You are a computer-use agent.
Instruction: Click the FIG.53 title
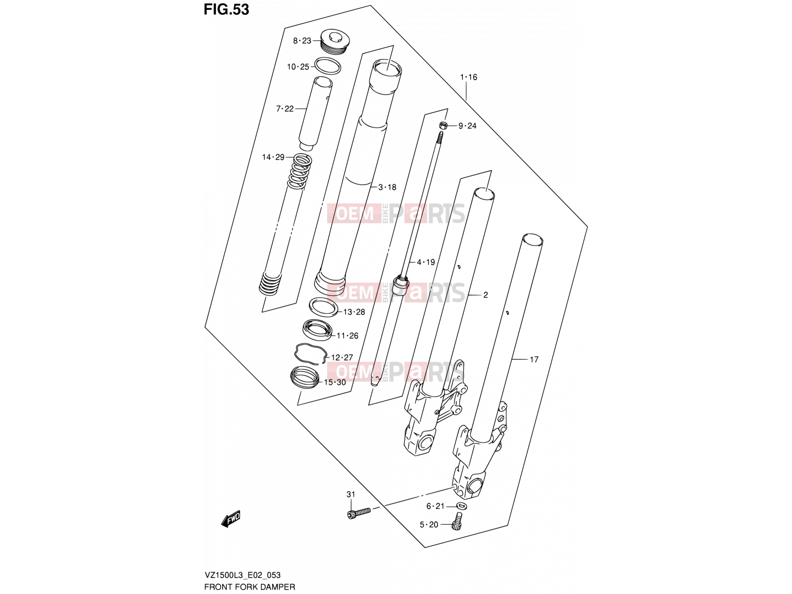point(226,10)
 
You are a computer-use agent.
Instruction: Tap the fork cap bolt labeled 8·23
point(335,42)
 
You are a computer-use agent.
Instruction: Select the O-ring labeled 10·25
point(328,66)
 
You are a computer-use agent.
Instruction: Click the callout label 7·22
point(285,108)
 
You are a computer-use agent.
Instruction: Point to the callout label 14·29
point(273,157)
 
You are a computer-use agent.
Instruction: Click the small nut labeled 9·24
point(444,126)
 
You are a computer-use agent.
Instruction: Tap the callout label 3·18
point(387,187)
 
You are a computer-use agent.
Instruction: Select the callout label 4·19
point(426,262)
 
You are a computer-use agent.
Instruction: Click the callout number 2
point(485,295)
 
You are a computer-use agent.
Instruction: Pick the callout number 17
point(534,359)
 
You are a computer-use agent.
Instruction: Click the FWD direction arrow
point(231,519)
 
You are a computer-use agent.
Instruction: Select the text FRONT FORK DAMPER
point(249,587)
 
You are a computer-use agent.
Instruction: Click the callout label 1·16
point(468,77)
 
